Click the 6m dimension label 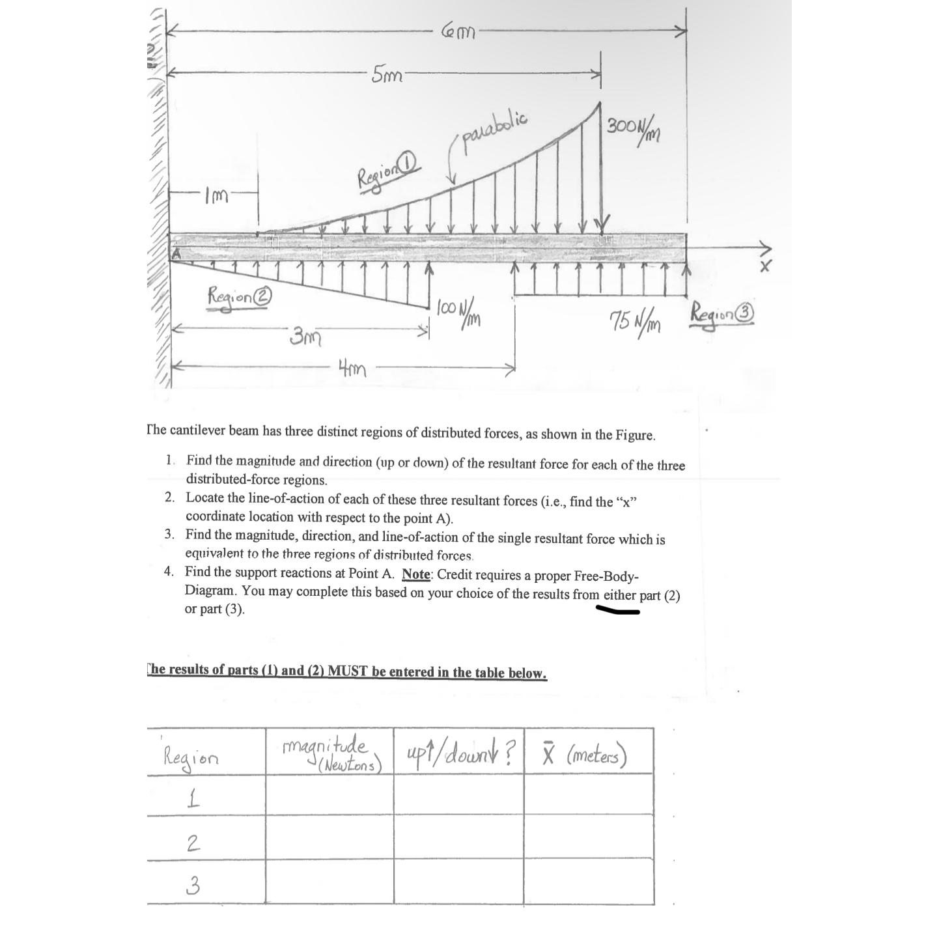coord(458,30)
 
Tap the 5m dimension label coord(386,75)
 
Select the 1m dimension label coord(216,195)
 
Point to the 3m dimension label coord(304,337)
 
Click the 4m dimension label coord(352,369)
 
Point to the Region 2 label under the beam coord(238,296)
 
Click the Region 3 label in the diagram coord(722,313)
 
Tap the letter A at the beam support coord(175,254)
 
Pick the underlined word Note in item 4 coord(415,574)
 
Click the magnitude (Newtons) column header coord(331,753)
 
